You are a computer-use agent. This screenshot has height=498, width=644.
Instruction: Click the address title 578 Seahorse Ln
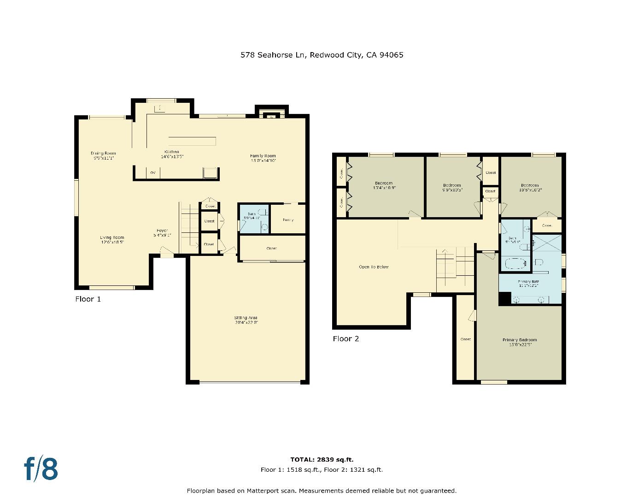pyautogui.click(x=322, y=55)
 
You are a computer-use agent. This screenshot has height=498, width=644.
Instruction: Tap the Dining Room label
pyautogui.click(x=103, y=155)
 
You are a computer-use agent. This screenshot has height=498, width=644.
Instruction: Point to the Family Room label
pyautogui.click(x=263, y=158)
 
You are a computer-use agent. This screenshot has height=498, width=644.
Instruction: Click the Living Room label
pyautogui.click(x=112, y=240)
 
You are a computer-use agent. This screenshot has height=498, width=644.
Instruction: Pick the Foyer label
pyautogui.click(x=162, y=232)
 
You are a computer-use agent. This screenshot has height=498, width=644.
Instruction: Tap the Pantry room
pyautogui.click(x=288, y=219)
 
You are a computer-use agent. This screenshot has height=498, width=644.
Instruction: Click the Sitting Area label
pyautogui.click(x=246, y=320)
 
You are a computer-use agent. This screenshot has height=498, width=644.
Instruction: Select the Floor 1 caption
pyautogui.click(x=88, y=299)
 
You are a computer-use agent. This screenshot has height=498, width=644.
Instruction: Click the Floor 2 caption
pyautogui.click(x=345, y=339)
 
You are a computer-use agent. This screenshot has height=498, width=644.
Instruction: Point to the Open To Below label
pyautogui.click(x=374, y=267)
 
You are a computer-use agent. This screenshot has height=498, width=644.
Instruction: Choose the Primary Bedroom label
pyautogui.click(x=519, y=342)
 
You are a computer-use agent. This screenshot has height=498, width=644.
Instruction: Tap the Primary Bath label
pyautogui.click(x=528, y=283)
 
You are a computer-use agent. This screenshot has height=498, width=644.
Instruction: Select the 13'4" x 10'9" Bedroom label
pyautogui.click(x=384, y=185)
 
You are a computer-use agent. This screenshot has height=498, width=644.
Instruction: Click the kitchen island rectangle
pyautogui.click(x=192, y=141)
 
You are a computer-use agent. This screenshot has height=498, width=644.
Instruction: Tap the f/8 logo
pyautogui.click(x=41, y=468)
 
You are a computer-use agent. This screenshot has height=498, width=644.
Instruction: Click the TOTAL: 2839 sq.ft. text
pyautogui.click(x=322, y=459)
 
